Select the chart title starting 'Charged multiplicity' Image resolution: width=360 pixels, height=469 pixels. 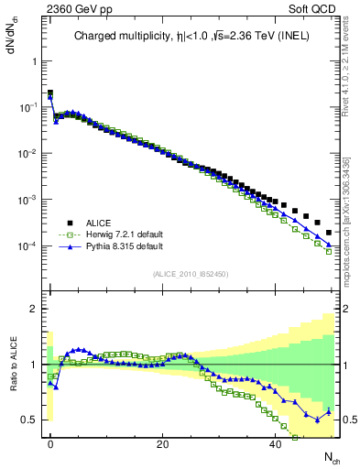pos(191,38)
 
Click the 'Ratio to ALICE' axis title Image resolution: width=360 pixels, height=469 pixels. pos(12,365)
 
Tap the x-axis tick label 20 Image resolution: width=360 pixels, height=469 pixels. pos(162,443)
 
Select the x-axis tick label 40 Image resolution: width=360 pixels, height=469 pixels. pos(275,443)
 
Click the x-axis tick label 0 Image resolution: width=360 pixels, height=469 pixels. pos(50,443)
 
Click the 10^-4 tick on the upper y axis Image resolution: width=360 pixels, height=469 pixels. pos(26,246)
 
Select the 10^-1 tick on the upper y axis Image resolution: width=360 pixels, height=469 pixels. pos(26,107)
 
